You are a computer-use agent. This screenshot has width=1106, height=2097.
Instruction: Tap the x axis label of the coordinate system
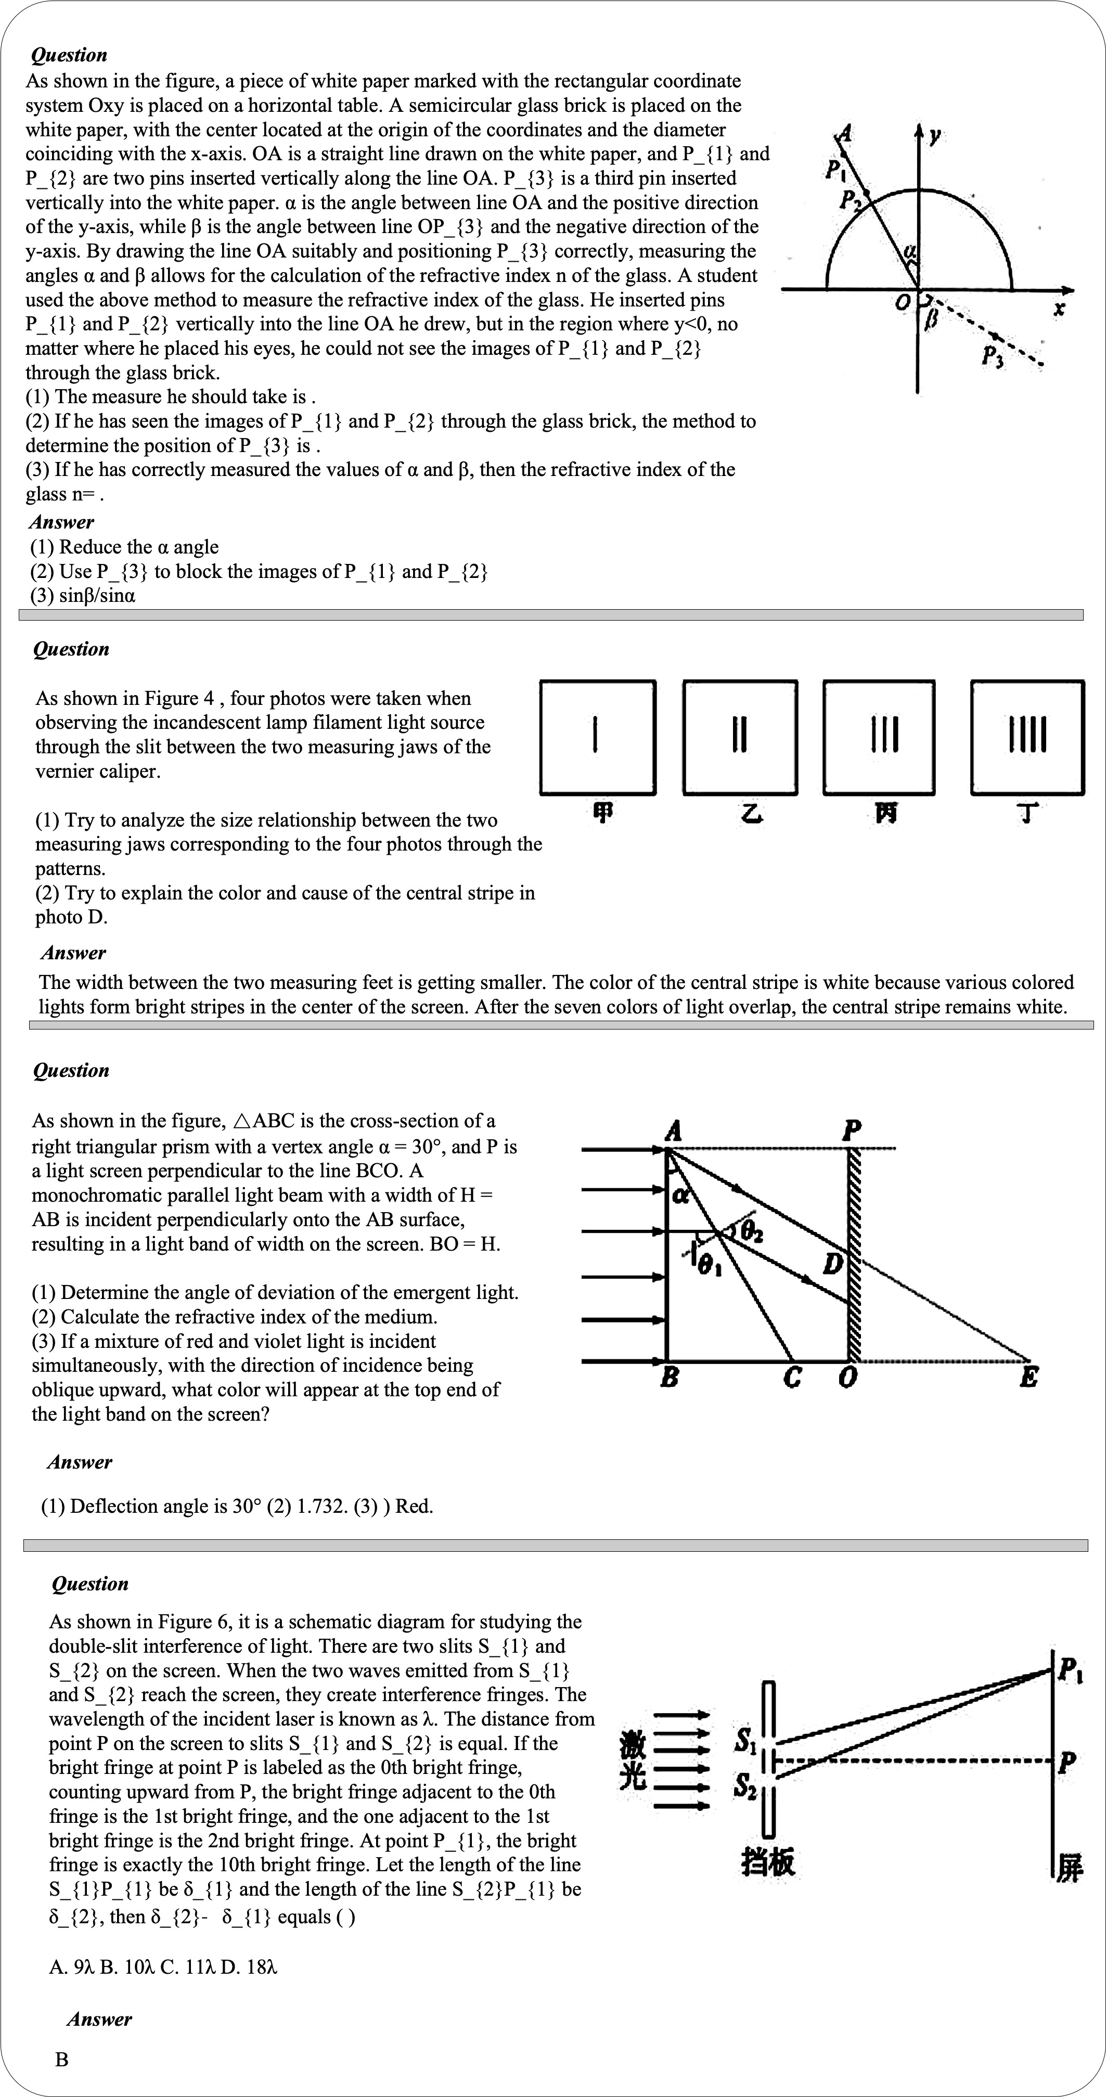(1059, 310)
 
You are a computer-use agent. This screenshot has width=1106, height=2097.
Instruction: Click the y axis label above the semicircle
(935, 135)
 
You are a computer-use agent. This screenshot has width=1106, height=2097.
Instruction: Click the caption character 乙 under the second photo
(752, 813)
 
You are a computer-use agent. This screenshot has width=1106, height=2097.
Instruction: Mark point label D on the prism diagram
(832, 1264)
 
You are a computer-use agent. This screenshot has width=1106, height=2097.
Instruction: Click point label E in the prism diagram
(1028, 1378)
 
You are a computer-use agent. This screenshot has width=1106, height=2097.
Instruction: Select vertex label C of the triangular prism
(792, 1378)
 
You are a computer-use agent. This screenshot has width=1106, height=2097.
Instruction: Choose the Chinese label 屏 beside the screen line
(1070, 1868)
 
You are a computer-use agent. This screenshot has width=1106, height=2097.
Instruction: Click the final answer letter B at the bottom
(62, 2059)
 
